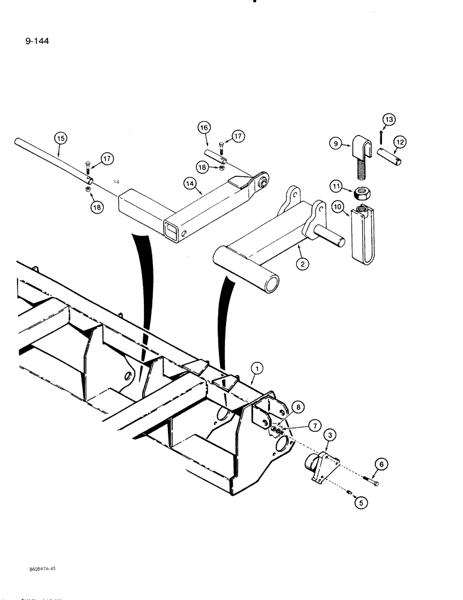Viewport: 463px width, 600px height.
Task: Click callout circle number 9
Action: click(x=336, y=143)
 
